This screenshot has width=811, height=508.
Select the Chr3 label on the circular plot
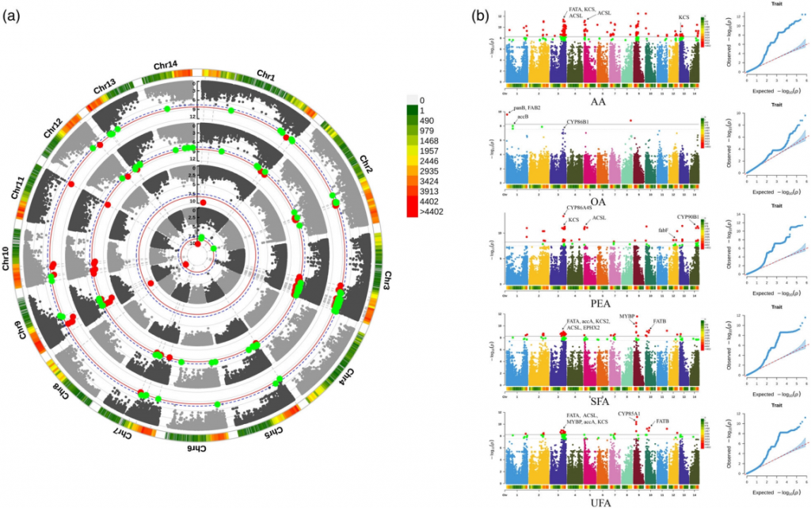pos(392,279)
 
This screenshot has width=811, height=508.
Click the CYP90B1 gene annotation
pos(687,217)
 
